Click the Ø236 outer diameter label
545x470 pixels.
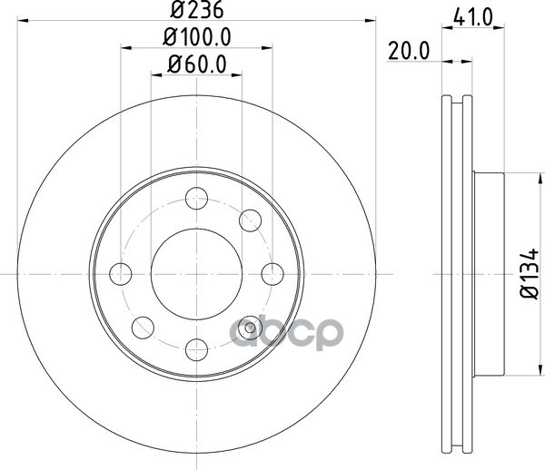(197, 9)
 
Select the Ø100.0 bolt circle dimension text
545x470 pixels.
(197, 37)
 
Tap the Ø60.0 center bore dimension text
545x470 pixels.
(197, 64)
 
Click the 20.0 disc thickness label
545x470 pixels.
(409, 52)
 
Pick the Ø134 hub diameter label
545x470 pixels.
(530, 273)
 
